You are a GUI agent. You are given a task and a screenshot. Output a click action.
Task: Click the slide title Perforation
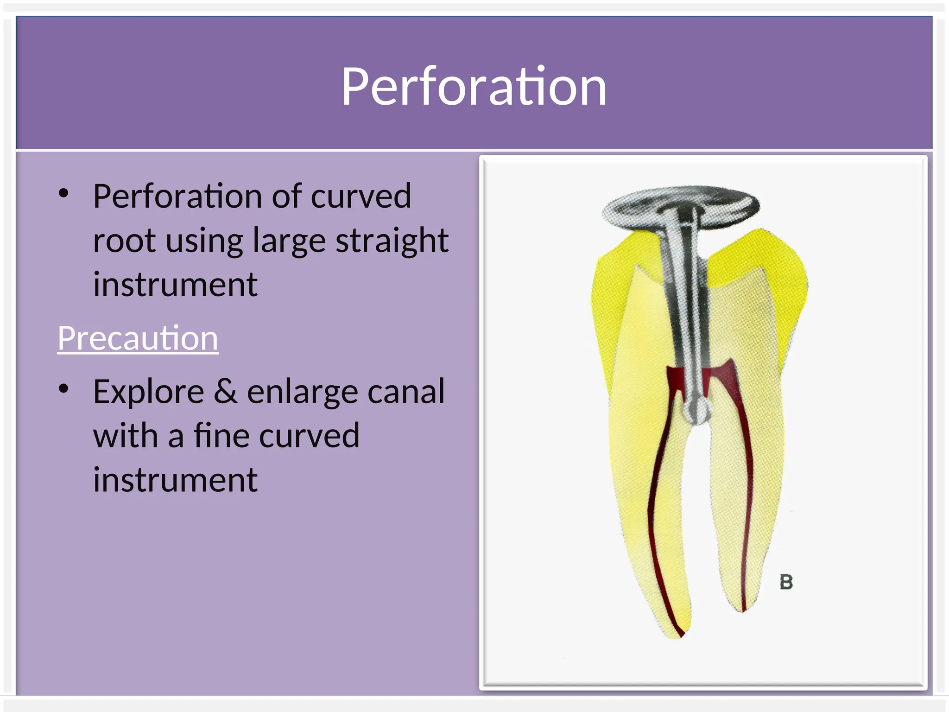474,87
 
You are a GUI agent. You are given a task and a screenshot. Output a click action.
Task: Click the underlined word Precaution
138,338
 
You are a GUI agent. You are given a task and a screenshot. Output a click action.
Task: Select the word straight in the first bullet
392,241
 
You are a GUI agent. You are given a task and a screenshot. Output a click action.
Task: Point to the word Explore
148,392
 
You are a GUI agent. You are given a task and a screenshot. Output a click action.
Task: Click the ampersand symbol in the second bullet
225,391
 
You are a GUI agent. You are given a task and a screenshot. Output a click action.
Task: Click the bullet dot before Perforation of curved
64,193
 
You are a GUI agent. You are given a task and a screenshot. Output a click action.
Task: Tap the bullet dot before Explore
64,389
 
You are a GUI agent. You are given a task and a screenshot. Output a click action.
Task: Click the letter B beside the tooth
786,582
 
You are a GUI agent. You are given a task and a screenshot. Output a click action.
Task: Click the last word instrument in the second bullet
175,480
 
